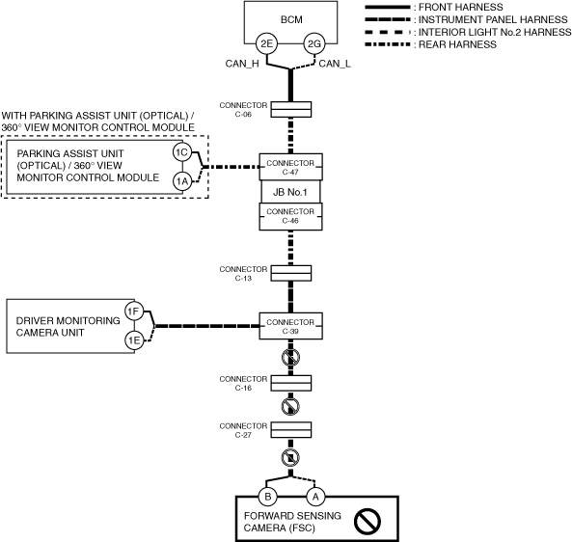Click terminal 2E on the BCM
(266, 43)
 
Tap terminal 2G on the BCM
(314, 43)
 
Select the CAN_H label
(242, 64)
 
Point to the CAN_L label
(335, 64)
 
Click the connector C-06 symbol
(291, 109)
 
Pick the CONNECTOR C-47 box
(290, 167)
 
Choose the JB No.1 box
(290, 192)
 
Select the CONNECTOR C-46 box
(290, 217)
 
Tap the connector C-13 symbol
(291, 273)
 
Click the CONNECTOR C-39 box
(290, 326)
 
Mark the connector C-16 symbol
(291, 383)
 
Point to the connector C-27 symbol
(291, 430)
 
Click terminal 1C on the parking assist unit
(182, 151)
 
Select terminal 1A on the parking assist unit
(182, 181)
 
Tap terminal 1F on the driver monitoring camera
(134, 312)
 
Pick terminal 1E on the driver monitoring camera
(134, 340)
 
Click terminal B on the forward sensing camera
(268, 497)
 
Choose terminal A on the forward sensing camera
(315, 497)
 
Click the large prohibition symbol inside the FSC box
(367, 521)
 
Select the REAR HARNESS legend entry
(431, 44)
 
